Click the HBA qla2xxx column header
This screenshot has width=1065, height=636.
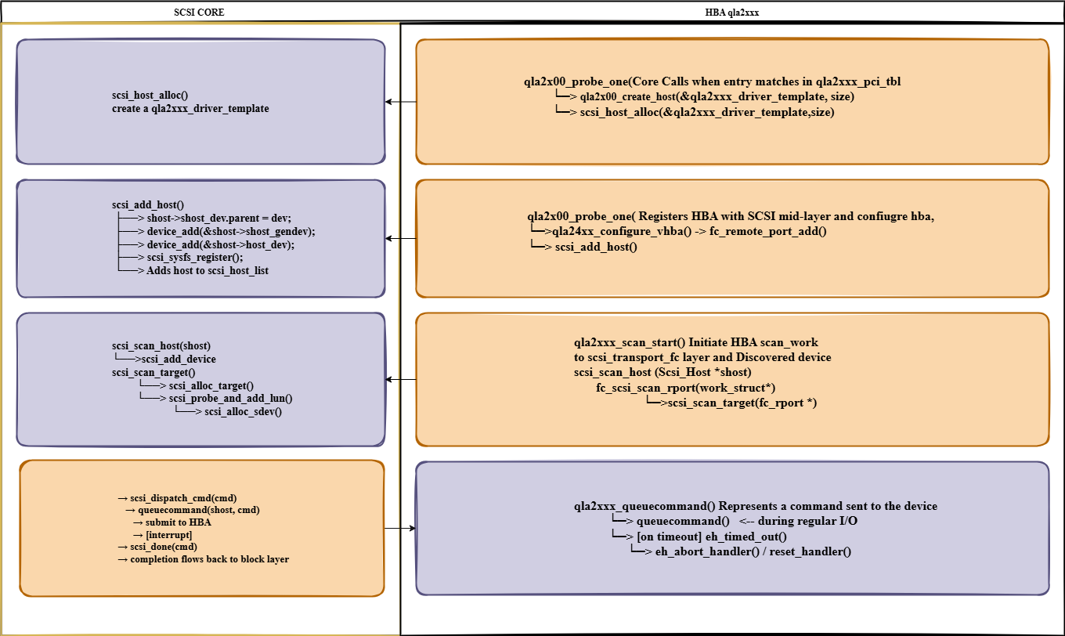(x=731, y=13)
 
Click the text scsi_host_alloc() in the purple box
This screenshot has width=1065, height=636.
(x=150, y=96)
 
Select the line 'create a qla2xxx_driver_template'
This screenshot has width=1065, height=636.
(x=190, y=109)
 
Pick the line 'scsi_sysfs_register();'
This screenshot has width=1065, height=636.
(x=194, y=257)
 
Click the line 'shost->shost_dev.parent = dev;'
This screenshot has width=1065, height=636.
(x=218, y=217)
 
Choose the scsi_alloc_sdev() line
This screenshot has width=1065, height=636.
(x=242, y=411)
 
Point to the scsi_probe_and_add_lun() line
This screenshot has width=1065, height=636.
(x=230, y=399)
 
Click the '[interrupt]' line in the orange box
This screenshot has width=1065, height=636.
(x=168, y=534)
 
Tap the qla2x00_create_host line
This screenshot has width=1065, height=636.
(x=717, y=96)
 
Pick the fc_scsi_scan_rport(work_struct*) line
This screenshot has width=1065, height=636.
(x=686, y=388)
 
